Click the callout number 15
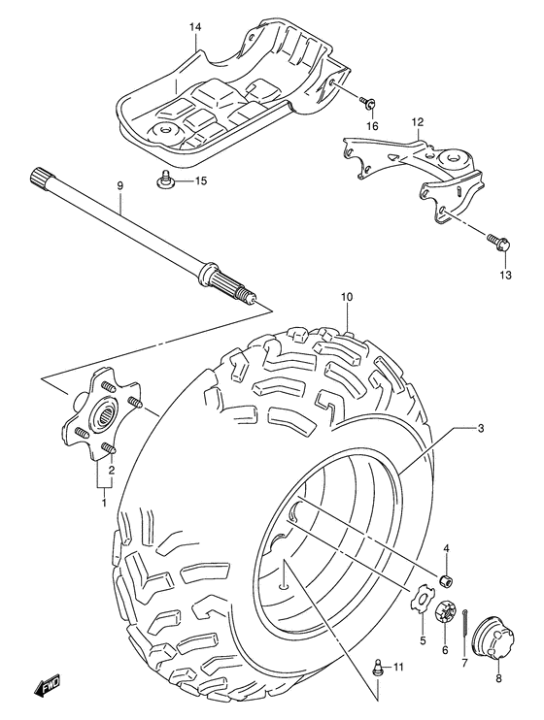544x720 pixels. [x=201, y=181]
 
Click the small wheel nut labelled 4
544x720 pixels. [x=446, y=580]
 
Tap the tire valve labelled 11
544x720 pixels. [x=379, y=667]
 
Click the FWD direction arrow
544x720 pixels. [x=48, y=687]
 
